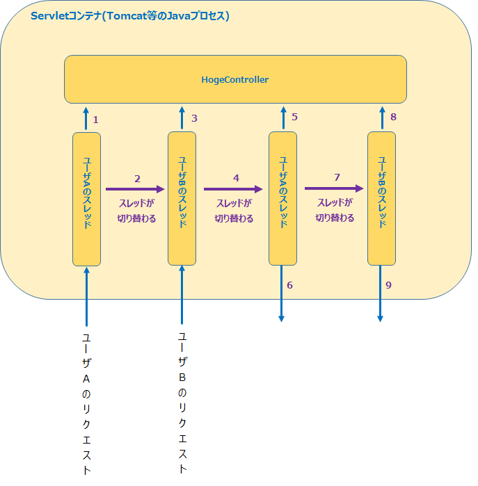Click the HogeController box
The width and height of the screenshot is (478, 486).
[235, 79]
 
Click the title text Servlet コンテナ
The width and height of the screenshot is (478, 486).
[130, 16]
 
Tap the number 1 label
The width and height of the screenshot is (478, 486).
[95, 120]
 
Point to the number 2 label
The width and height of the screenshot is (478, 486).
[137, 178]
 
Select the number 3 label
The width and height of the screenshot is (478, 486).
[194, 118]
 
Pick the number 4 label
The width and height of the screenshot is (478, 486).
[236, 178]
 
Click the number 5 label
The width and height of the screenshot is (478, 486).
[294, 117]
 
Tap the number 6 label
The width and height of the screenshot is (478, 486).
[289, 285]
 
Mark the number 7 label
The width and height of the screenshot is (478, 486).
[337, 177]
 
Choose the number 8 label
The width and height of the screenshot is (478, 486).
[393, 117]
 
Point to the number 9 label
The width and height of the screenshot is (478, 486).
[388, 285]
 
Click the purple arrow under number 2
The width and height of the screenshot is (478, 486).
[135, 188]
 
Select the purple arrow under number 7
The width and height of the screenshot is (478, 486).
[334, 188]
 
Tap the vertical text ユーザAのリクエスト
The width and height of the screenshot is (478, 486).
[86, 403]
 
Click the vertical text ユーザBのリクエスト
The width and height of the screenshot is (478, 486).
[182, 403]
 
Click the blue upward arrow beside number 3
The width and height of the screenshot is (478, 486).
[182, 118]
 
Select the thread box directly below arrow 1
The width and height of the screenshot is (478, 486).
[86, 199]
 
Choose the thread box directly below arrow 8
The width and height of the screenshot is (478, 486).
[381, 199]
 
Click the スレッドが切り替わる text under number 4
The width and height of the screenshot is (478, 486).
[234, 211]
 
